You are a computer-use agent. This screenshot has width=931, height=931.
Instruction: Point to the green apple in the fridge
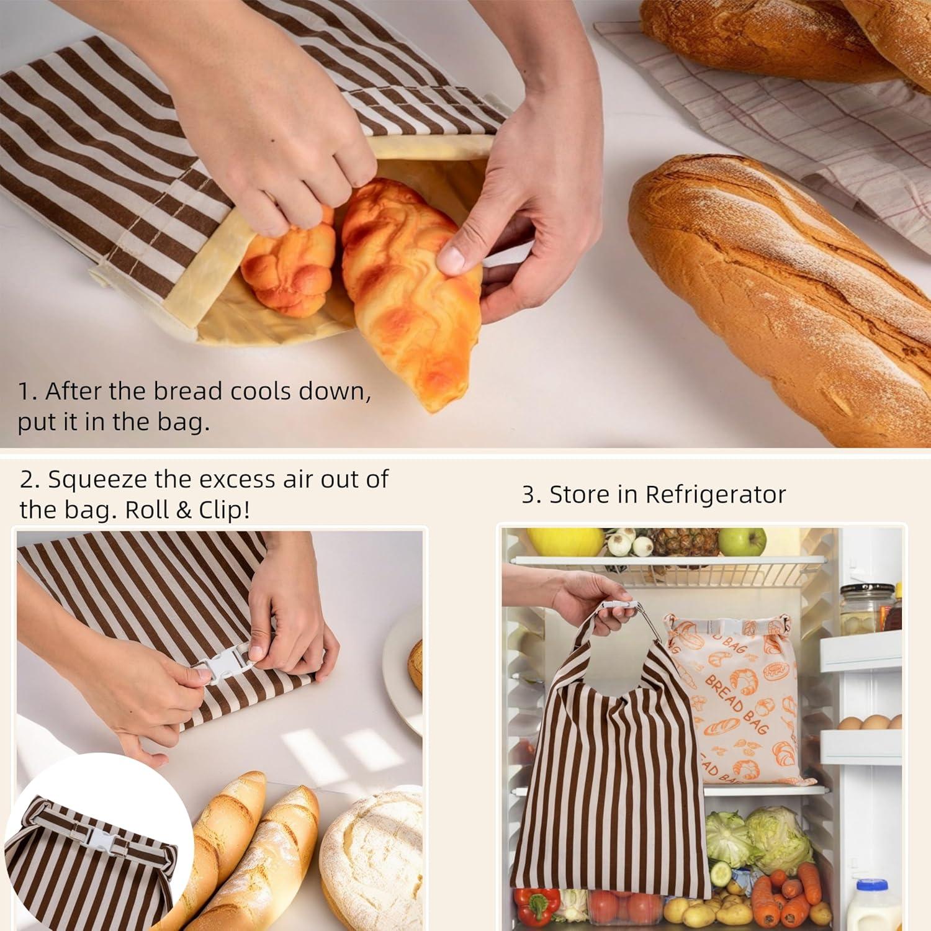click(x=742, y=542)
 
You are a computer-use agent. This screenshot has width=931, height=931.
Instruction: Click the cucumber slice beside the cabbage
click(x=720, y=874)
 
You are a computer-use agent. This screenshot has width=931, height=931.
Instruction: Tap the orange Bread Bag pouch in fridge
click(x=739, y=701)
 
